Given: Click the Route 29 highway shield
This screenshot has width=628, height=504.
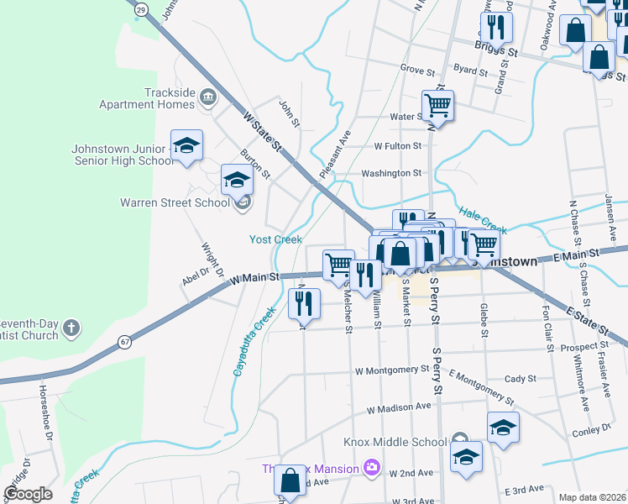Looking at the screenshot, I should (142, 8).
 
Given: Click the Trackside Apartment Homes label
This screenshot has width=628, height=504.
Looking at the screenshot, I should (147, 98).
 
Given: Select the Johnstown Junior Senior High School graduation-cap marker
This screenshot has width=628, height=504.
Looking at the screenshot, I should (186, 144).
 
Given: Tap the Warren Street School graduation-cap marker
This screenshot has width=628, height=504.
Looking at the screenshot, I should (237, 178).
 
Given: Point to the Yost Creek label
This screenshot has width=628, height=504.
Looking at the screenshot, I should (275, 239).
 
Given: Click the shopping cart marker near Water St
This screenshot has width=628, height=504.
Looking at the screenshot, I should (437, 106).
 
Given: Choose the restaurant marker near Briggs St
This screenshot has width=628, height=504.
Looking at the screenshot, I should (496, 29).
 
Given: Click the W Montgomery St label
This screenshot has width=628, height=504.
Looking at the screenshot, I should (392, 370).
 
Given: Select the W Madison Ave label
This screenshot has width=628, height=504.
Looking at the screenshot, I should (402, 409).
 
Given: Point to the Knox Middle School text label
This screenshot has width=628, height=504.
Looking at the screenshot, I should (395, 442).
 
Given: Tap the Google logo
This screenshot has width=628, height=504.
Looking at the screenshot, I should (28, 494).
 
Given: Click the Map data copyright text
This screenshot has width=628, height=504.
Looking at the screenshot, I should (592, 497).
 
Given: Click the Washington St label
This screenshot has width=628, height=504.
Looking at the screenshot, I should (390, 173).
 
